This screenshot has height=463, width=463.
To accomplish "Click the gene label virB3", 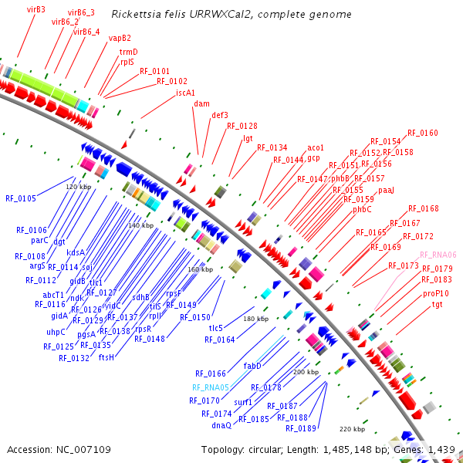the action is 36,9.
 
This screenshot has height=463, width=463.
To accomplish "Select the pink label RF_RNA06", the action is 438,255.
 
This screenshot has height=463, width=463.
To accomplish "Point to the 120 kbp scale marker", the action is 78,187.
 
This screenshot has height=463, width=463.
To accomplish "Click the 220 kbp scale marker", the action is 352,428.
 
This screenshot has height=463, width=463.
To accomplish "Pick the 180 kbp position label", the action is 255,318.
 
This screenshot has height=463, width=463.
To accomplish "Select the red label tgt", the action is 438,305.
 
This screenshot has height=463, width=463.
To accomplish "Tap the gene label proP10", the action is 435,293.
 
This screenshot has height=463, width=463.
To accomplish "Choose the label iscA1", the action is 185,93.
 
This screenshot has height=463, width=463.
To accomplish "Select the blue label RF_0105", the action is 20,198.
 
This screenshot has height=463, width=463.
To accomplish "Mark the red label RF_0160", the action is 423,133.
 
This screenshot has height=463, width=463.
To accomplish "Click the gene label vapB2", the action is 120,38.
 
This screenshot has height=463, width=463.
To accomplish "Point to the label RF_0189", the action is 301,428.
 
